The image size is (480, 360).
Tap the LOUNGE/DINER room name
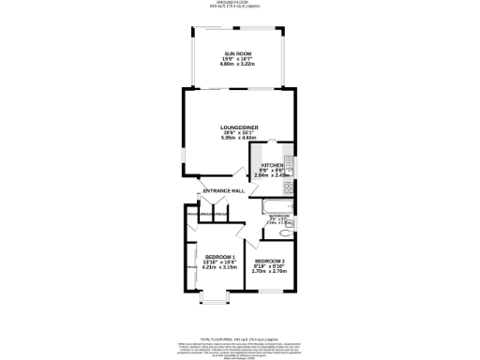(x=239, y=127)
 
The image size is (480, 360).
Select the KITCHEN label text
(x=272, y=164)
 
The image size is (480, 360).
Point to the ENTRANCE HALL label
(x=224, y=192)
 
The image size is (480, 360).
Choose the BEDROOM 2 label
(x=270, y=261)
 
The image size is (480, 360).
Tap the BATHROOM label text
(x=278, y=215)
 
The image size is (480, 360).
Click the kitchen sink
(x=290, y=167)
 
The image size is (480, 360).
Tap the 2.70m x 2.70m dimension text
(x=270, y=271)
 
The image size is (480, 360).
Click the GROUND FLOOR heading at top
(x=239, y=3)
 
